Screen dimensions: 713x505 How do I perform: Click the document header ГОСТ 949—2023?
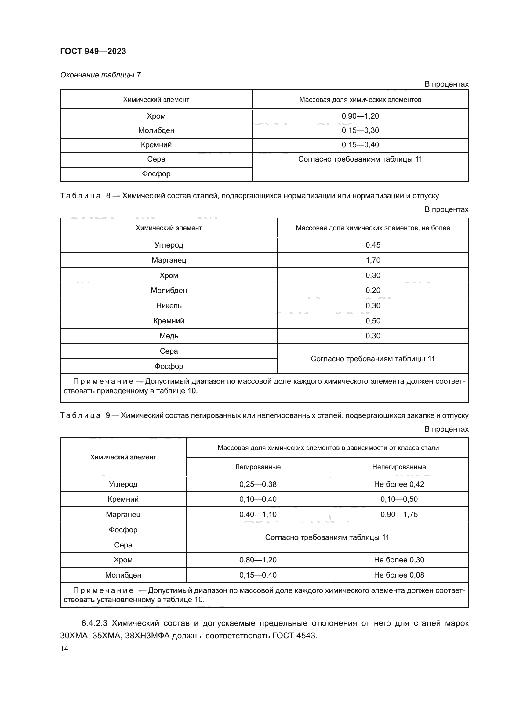(x=93, y=51)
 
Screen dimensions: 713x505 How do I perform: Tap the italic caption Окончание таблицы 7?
(x=100, y=75)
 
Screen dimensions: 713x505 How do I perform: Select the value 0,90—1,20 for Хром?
(x=360, y=116)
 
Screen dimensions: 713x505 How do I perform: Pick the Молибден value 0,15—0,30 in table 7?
(x=360, y=130)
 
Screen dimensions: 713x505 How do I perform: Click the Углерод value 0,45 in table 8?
(x=373, y=245)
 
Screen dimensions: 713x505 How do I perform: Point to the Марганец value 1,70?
(x=373, y=260)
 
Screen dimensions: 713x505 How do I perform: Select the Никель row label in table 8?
(x=169, y=305)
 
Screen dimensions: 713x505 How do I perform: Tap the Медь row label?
(x=169, y=336)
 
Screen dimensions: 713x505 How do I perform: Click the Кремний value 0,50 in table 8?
(x=373, y=321)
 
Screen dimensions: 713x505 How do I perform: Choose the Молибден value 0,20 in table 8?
(x=373, y=291)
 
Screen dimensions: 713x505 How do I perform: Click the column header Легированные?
(x=258, y=467)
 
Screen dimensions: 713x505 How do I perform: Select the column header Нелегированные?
(x=399, y=467)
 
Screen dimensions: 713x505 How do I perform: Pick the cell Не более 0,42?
(x=399, y=484)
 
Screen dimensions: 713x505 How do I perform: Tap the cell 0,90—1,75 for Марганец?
(x=399, y=515)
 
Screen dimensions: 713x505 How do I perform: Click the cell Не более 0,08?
(x=399, y=575)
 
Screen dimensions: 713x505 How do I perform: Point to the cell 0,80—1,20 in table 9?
(x=258, y=560)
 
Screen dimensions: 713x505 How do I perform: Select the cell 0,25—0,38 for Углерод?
(x=258, y=484)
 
